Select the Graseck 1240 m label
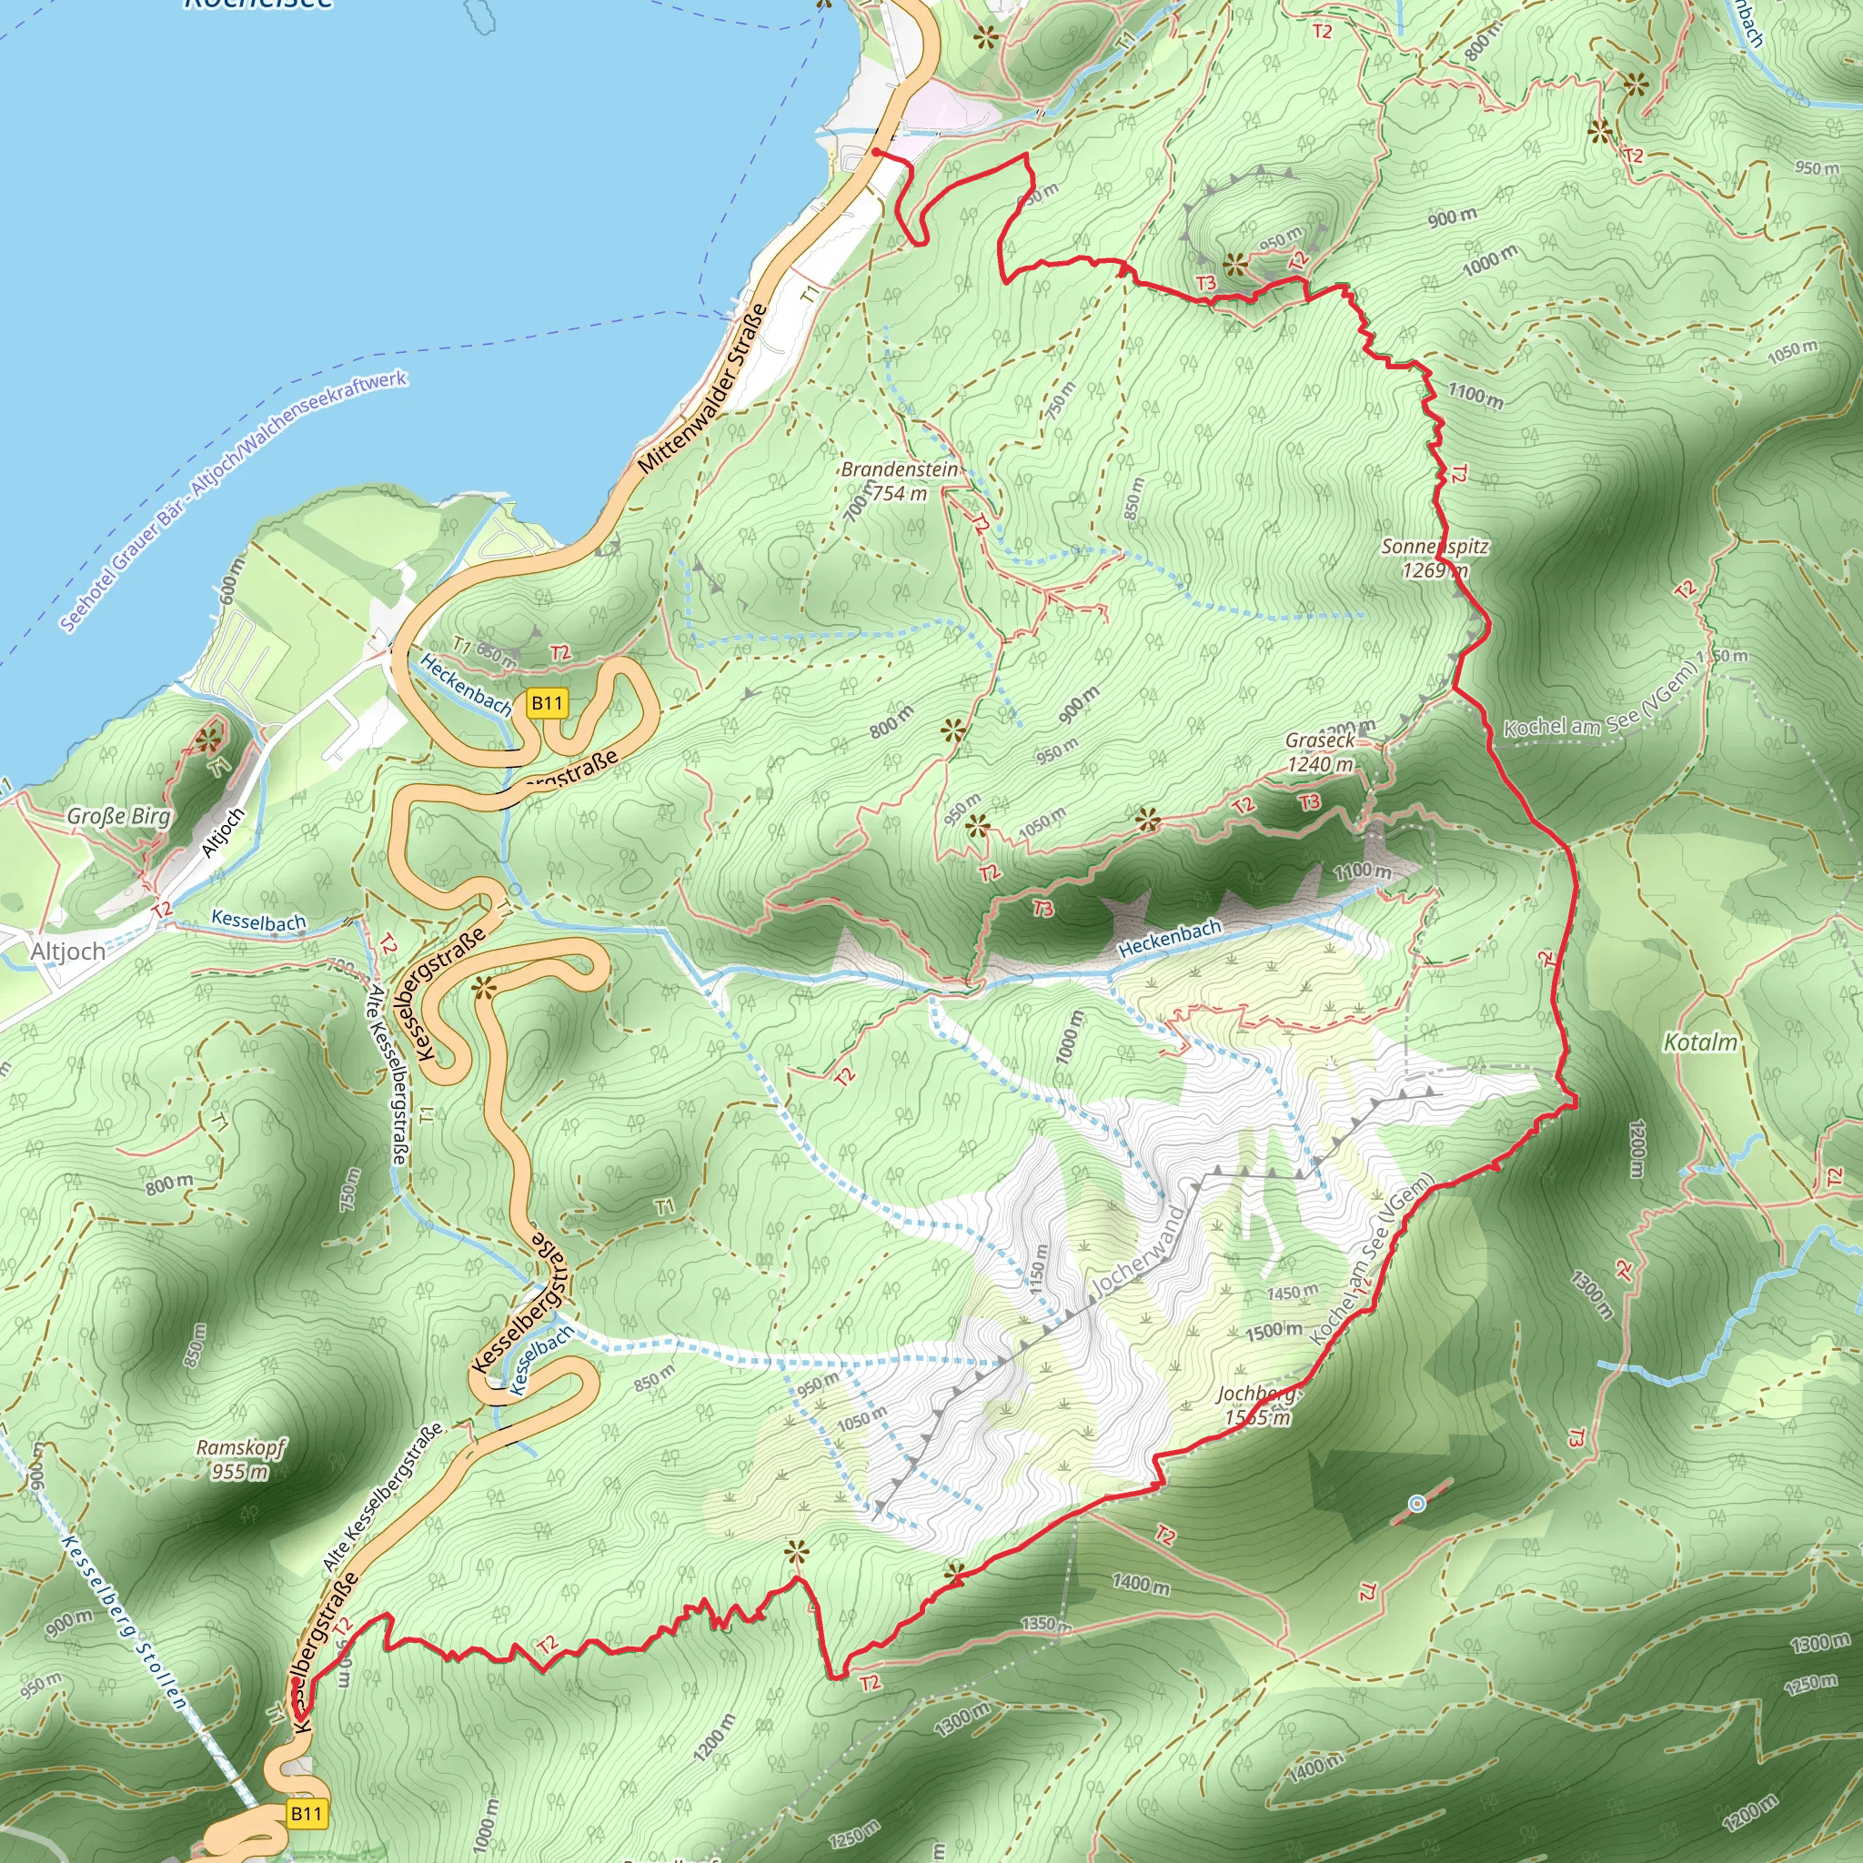[x=1320, y=752]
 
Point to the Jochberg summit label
[x=1256, y=1405]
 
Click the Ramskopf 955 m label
[x=241, y=1459]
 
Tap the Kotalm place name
[x=1701, y=1042]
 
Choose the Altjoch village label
[x=67, y=952]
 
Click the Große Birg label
[x=118, y=816]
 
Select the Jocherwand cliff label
[x=1137, y=1253]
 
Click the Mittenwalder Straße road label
[x=702, y=389]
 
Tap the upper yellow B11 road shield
[x=547, y=703]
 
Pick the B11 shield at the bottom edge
[x=306, y=1814]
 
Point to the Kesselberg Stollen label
[x=125, y=1623]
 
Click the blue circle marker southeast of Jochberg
[x=1416, y=1504]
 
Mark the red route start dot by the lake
[x=876, y=152]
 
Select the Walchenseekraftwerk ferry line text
[x=235, y=501]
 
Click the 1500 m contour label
[x=1273, y=1332]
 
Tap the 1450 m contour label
[x=1292, y=1292]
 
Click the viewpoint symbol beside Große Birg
[x=208, y=740]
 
